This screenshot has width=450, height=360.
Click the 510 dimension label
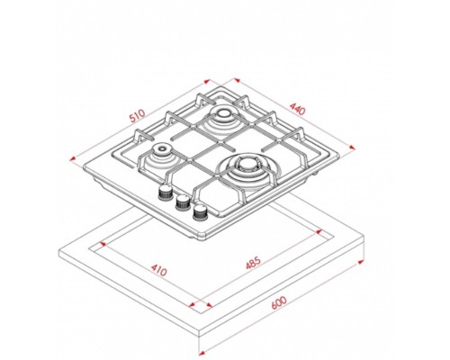(137, 116)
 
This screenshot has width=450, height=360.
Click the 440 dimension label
(297, 109)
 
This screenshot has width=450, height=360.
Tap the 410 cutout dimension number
(158, 270)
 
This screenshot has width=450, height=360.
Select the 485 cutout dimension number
(253, 263)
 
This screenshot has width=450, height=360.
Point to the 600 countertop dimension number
(279, 302)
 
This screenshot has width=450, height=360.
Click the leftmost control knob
(165, 193)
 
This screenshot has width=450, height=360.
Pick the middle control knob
(183, 202)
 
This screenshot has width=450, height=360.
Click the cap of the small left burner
(162, 148)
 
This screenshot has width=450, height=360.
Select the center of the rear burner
(222, 113)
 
